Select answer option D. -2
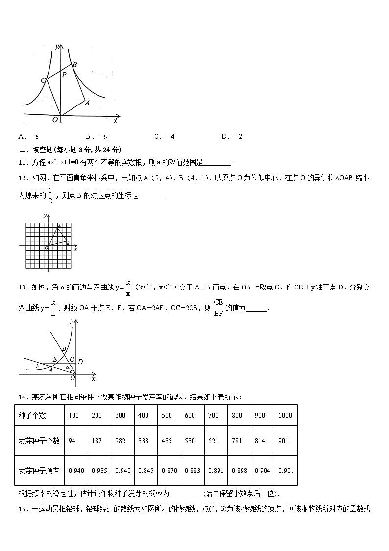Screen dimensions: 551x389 (232, 137)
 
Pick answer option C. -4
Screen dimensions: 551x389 (164, 137)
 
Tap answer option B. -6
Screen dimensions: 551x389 (96, 137)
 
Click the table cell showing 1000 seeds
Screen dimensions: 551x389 (285, 415)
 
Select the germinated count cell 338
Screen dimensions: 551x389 (143, 441)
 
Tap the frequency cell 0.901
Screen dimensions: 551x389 (286, 471)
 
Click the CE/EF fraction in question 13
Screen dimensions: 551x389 (219, 308)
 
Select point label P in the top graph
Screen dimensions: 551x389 (64, 75)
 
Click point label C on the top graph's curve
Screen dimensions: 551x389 (44, 80)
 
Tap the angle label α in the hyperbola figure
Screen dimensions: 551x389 (68, 367)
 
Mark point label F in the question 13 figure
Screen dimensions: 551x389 (38, 366)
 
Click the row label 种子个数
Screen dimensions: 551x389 (32, 415)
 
